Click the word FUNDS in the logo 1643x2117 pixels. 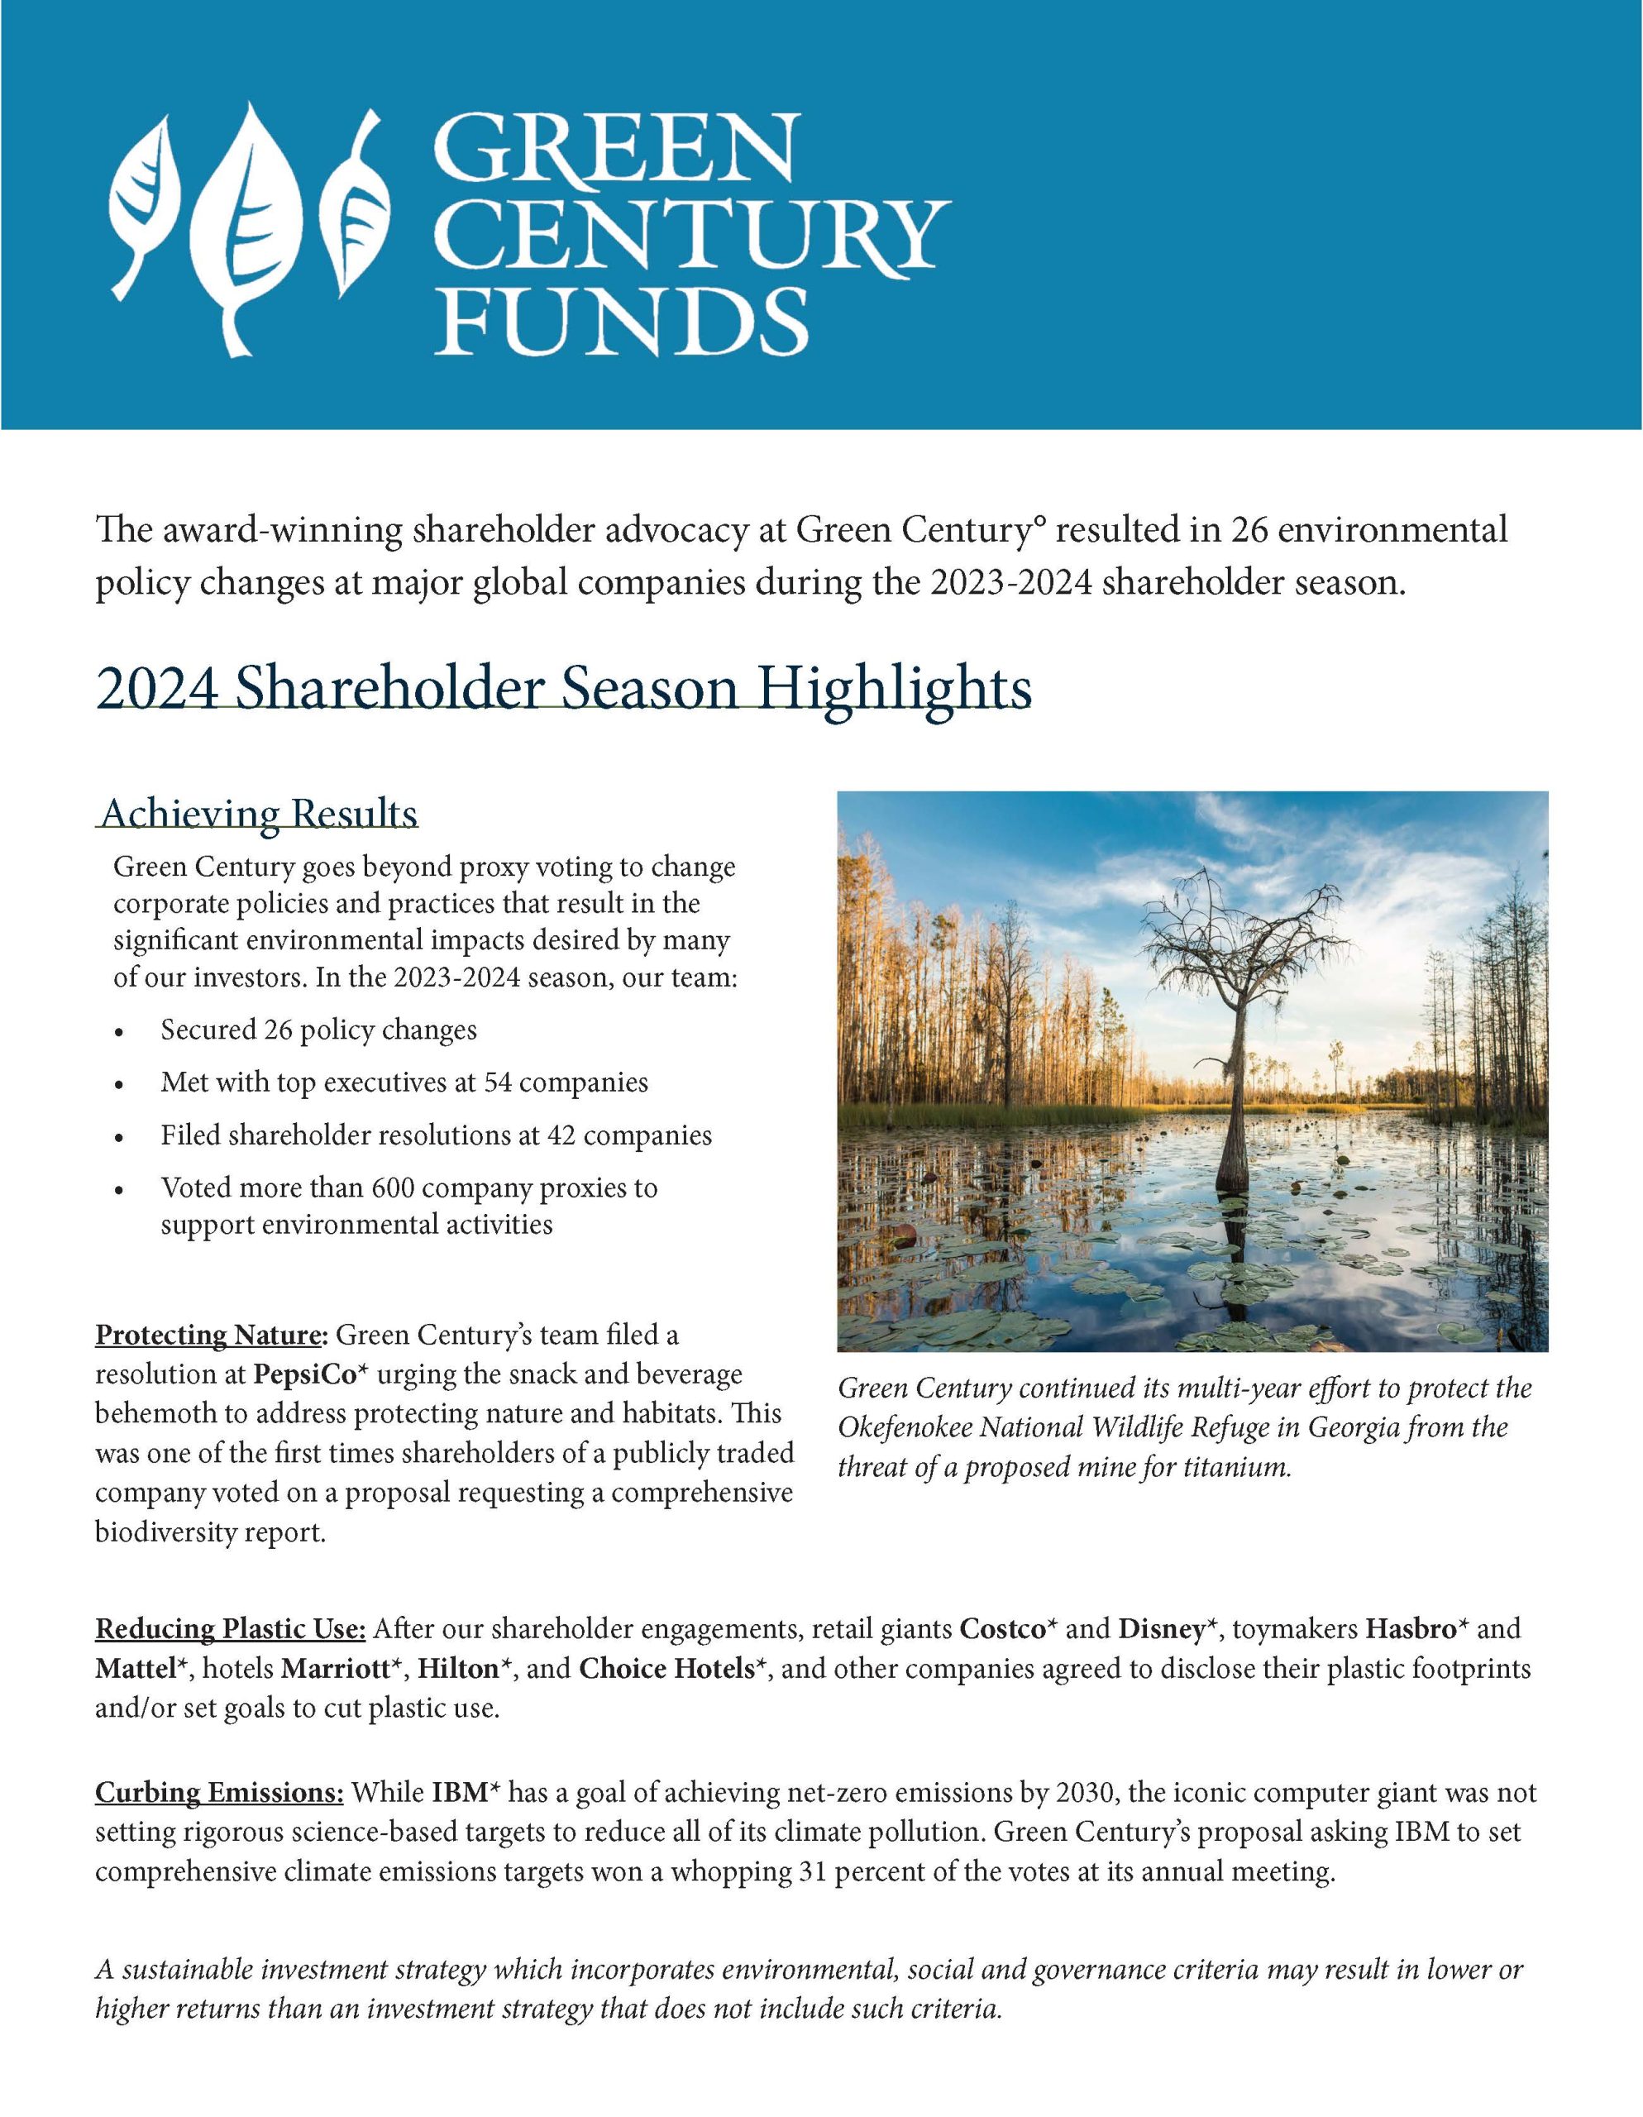pyautogui.click(x=621, y=319)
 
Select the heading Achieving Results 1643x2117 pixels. pyautogui.click(x=259, y=815)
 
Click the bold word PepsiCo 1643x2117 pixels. pyautogui.click(x=302, y=1374)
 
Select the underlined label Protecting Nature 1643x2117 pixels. pyautogui.click(x=208, y=1335)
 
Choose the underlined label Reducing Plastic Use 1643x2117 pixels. pyautogui.click(x=230, y=1628)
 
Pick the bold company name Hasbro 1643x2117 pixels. pyautogui.click(x=1411, y=1628)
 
